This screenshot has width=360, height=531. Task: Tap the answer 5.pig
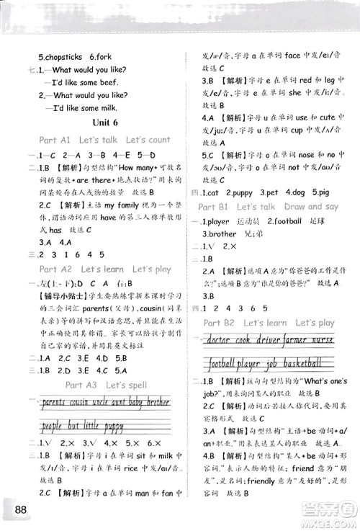(318, 192)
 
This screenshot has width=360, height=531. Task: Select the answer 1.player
(214, 221)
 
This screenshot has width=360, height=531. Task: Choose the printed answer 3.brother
(220, 234)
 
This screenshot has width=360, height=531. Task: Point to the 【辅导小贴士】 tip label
(51, 295)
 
